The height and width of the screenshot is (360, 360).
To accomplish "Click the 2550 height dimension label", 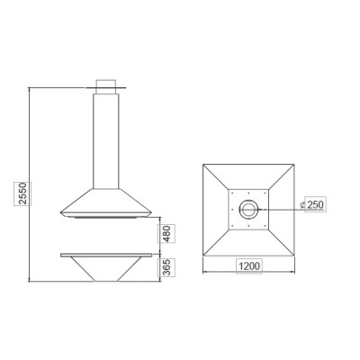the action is pyautogui.click(x=22, y=193).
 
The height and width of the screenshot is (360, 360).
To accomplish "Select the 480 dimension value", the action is pyautogui.click(x=166, y=233).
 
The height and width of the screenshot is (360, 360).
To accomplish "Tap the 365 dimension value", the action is pyautogui.click(x=166, y=267).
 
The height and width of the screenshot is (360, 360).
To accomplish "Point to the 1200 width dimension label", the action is pyautogui.click(x=249, y=265).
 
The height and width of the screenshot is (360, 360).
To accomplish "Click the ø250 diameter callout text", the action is pyautogui.click(x=311, y=204).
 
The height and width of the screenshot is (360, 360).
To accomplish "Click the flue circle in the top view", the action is pyautogui.click(x=248, y=202).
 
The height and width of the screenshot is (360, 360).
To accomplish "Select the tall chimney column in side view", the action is pyautogui.click(x=106, y=141).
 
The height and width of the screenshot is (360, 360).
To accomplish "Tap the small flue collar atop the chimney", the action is pyautogui.click(x=106, y=87).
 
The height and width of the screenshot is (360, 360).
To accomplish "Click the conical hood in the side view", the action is pyautogui.click(x=106, y=202).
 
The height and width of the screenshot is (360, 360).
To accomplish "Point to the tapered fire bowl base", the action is pyautogui.click(x=106, y=269).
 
